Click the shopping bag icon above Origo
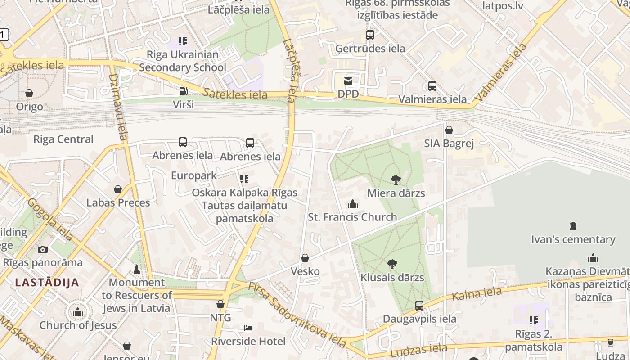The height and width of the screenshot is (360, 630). click(29, 93)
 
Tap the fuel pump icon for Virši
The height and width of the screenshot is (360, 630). click(183, 91)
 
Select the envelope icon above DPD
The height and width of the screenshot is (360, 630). click(348, 81)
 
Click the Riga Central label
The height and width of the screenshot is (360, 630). click(63, 139)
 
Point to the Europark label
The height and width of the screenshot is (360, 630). click(194, 175)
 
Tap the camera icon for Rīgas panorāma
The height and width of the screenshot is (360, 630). click(43, 249)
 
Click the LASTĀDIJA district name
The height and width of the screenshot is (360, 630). click(47, 283)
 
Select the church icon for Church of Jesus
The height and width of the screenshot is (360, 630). click(78, 311)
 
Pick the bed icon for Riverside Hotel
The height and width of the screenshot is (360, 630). click(248, 328)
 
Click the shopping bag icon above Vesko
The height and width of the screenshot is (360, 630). click(305, 258)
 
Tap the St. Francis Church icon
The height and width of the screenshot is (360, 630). click(352, 204)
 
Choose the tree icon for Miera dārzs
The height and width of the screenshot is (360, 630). click(396, 180)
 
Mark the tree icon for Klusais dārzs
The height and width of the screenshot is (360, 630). click(392, 264)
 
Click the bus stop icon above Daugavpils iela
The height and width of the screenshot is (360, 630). click(419, 306)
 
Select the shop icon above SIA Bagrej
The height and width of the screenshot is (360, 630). click(449, 130)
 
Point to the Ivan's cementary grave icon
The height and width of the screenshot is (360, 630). click(573, 226)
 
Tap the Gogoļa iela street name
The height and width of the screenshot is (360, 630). click(49, 219)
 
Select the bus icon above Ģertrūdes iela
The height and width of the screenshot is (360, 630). click(370, 35)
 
